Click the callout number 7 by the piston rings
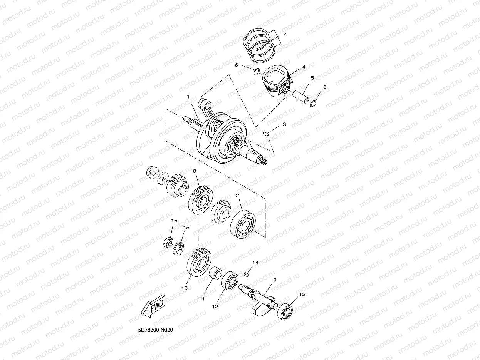pos(284,35)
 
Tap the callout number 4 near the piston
pos(304,67)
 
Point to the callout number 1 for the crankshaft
pos(188,97)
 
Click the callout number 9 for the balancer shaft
pos(275,280)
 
